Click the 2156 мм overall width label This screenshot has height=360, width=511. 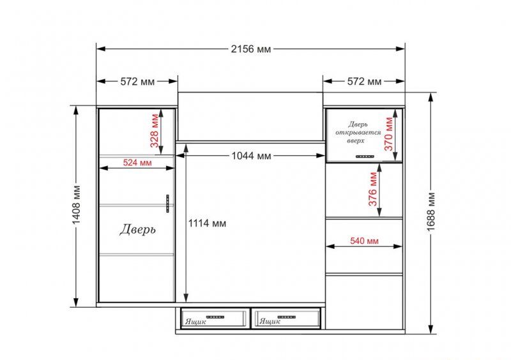251,49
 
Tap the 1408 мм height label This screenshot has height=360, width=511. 76,205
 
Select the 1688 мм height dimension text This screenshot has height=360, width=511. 431,212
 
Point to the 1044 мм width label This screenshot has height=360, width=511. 251,156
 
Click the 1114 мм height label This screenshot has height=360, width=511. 207,223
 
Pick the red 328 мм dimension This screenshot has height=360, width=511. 155,130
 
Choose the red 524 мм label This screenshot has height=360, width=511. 137,162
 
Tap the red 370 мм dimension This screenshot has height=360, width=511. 389,133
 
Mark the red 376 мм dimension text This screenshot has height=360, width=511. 373,189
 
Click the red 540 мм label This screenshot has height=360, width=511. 364,241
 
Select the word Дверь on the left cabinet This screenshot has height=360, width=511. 137,230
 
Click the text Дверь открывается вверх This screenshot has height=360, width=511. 358,132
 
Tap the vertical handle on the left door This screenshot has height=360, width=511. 167,204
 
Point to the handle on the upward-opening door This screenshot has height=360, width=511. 365,157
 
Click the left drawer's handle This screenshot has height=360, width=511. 215,317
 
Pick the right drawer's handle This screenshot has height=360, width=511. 286,317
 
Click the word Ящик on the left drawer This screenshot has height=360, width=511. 195,322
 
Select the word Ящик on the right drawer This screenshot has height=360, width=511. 270,322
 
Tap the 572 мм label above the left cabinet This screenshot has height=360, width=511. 137,81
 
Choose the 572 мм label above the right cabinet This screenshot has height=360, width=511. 364,81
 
